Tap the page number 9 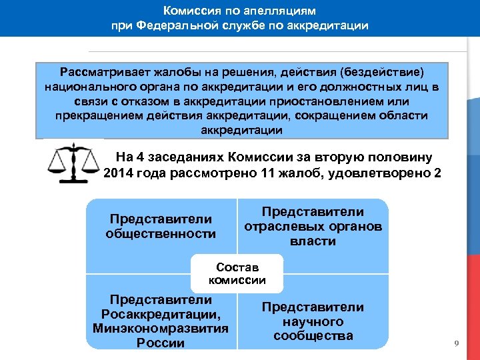[x=456, y=343]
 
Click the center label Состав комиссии [x=237, y=274]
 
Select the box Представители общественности [x=161, y=226]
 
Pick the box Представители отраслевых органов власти [x=313, y=226]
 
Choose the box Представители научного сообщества [x=313, y=321]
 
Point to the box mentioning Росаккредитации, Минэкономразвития [x=161, y=321]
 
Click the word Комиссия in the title [x=192, y=11]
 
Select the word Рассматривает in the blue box [x=101, y=71]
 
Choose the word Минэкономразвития [x=161, y=328]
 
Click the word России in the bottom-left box [x=161, y=343]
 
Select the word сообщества [x=313, y=335]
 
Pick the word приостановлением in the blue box [x=330, y=101]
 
